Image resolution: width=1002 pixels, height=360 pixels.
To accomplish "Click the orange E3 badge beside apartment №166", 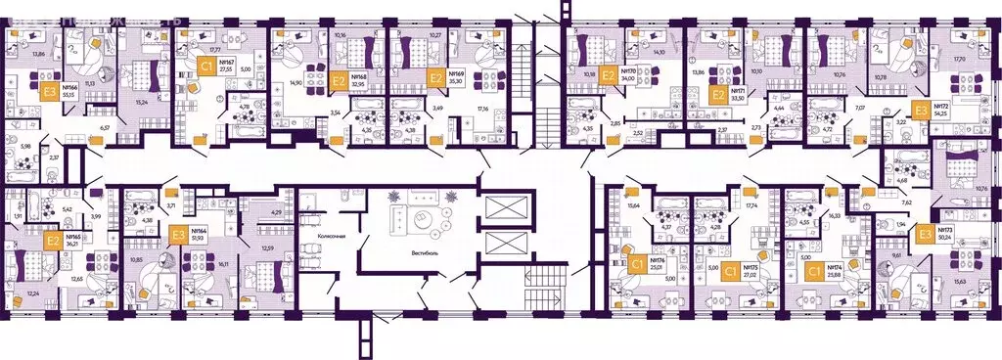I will (48, 94).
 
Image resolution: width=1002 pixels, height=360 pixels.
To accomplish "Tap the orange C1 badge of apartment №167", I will (206, 67).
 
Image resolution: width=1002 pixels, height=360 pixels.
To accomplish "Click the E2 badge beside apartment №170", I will (608, 73).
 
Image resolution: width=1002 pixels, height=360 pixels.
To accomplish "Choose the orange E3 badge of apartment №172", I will (919, 111).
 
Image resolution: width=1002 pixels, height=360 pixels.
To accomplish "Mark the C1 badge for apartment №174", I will (812, 271).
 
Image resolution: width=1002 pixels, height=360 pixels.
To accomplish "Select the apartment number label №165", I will (72, 237).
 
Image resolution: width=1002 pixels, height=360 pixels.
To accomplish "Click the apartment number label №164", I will (201, 231).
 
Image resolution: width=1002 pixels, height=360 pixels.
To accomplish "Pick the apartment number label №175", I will (751, 266).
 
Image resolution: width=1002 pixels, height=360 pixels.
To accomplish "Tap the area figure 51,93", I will (200, 238).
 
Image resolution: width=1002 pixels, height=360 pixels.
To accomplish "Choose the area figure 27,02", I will (751, 275).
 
